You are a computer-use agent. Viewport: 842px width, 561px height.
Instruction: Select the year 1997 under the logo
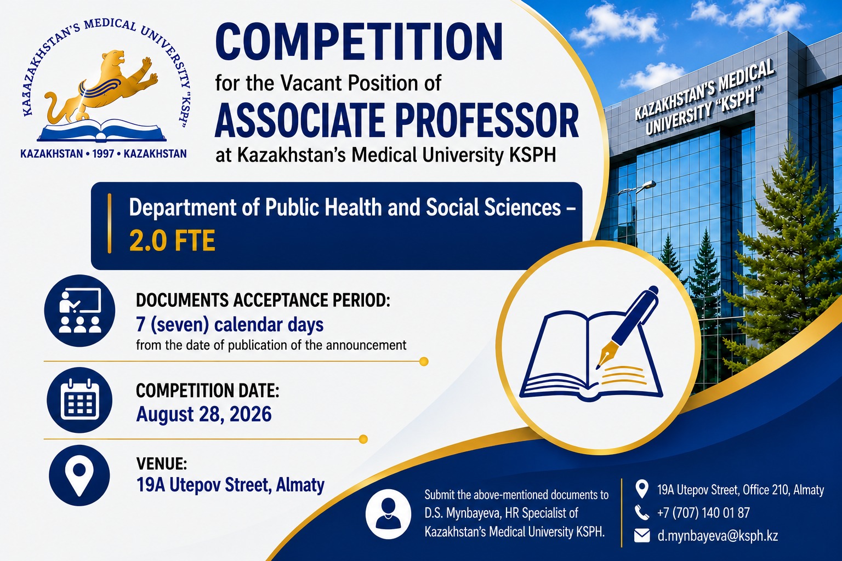(x=103, y=154)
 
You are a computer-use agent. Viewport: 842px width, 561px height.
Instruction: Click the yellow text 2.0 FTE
(x=172, y=241)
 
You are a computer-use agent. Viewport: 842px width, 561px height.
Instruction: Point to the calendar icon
(x=79, y=400)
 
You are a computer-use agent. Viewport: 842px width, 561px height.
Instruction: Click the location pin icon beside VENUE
(x=79, y=475)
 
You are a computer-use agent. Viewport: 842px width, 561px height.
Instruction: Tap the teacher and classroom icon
(x=80, y=311)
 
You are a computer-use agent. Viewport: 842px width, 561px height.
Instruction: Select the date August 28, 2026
(x=204, y=414)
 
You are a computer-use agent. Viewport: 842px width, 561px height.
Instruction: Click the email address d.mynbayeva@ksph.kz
(x=718, y=535)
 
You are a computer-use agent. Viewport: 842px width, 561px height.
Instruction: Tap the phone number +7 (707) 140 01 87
(x=703, y=513)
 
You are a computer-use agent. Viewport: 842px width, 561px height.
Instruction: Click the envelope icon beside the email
(x=642, y=535)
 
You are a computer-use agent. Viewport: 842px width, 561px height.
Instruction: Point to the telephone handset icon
(x=641, y=513)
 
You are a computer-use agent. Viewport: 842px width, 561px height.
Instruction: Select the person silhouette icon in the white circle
(x=388, y=514)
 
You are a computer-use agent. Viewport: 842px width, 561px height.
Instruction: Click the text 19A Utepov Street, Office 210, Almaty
(x=741, y=490)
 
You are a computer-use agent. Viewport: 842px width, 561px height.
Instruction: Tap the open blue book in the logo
(x=102, y=131)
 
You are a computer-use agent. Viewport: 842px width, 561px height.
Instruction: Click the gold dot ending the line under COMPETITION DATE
(x=363, y=439)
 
